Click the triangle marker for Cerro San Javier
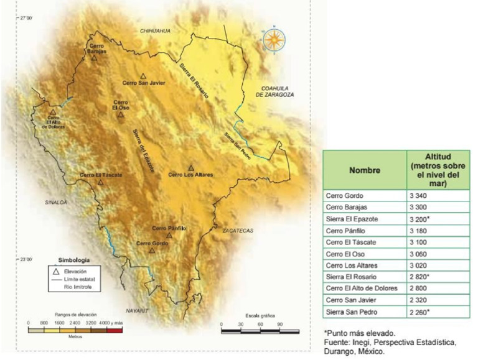pos(143,75)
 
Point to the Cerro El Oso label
pos(120,104)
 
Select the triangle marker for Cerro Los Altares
pos(191,168)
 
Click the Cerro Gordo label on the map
pos(152,242)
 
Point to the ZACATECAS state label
pos(238,231)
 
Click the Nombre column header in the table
pos(364,170)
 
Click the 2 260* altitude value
pos(420,312)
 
